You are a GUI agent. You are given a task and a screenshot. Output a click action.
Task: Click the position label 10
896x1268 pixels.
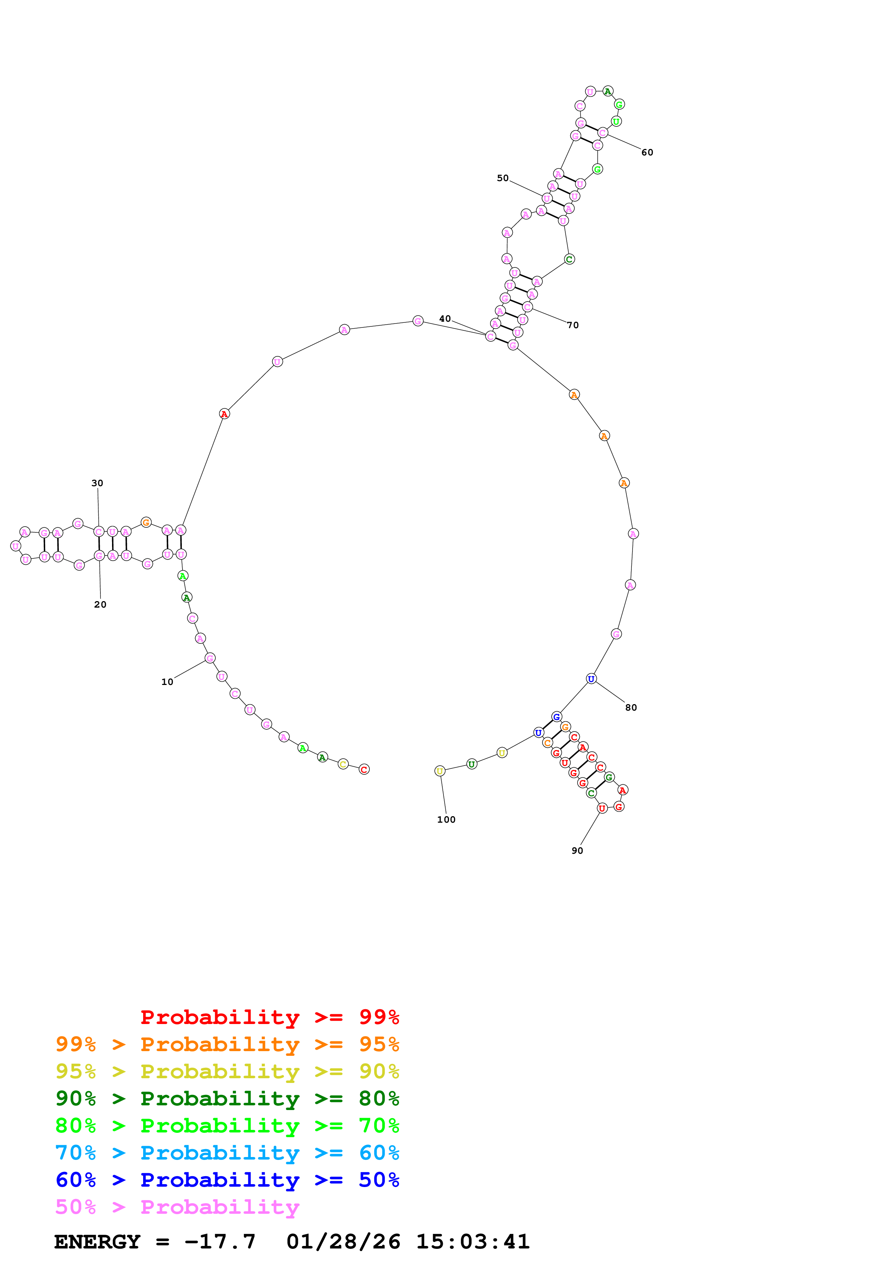tap(167, 682)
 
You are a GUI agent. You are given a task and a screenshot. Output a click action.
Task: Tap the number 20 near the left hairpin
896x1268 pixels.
tap(100, 605)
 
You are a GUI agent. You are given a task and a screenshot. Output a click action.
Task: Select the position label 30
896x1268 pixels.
tap(97, 483)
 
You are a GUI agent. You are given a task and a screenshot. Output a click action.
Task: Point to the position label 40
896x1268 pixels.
tap(445, 319)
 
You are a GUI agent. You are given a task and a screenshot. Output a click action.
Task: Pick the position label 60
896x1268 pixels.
tap(647, 153)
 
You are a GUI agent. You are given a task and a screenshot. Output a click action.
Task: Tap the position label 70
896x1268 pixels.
tap(573, 325)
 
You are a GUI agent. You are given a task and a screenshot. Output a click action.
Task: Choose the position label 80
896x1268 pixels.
tap(631, 707)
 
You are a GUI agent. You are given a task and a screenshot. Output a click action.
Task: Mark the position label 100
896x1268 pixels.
tap(446, 819)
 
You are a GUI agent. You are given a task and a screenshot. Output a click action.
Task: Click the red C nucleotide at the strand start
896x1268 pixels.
tap(364, 769)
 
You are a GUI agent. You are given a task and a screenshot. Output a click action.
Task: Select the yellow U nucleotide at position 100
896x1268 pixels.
tap(440, 771)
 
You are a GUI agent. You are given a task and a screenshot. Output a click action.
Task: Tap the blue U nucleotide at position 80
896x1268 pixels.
tap(591, 679)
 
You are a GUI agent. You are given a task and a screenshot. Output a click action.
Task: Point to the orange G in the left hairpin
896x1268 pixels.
tap(146, 522)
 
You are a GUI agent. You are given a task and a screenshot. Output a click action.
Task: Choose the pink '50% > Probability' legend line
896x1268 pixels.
tap(177, 1207)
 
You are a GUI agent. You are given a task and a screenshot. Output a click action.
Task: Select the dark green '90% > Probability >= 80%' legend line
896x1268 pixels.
tap(227, 1099)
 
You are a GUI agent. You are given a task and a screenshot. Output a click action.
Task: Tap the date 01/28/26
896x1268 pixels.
tap(343, 1242)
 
